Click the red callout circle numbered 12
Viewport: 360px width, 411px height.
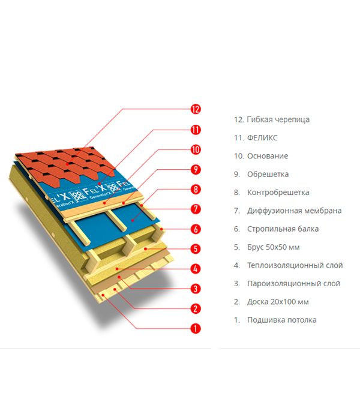click(196, 109)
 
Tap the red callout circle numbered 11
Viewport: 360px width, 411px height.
click(196, 130)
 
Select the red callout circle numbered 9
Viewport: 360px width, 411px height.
click(196, 170)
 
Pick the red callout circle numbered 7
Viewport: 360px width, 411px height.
click(196, 209)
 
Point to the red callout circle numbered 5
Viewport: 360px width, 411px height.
click(196, 249)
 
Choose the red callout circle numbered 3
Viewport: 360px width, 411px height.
click(196, 289)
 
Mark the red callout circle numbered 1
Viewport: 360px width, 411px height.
click(196, 328)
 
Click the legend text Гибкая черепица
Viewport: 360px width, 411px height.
click(278, 120)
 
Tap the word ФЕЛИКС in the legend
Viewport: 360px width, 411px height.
click(262, 138)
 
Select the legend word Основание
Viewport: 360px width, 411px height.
click(268, 156)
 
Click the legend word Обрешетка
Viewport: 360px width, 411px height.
click(268, 175)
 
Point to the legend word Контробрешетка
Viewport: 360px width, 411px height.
click(278, 193)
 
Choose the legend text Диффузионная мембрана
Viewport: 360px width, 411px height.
click(294, 211)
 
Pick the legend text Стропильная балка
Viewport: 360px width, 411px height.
click(283, 229)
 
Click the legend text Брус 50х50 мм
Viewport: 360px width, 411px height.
click(273, 247)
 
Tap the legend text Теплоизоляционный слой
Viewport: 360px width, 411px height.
click(295, 265)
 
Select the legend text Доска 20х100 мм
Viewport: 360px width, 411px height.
click(278, 302)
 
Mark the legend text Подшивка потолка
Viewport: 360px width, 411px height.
click(281, 320)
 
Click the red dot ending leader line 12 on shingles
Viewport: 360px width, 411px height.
click(67, 164)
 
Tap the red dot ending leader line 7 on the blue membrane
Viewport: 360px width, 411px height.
click(133, 220)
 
